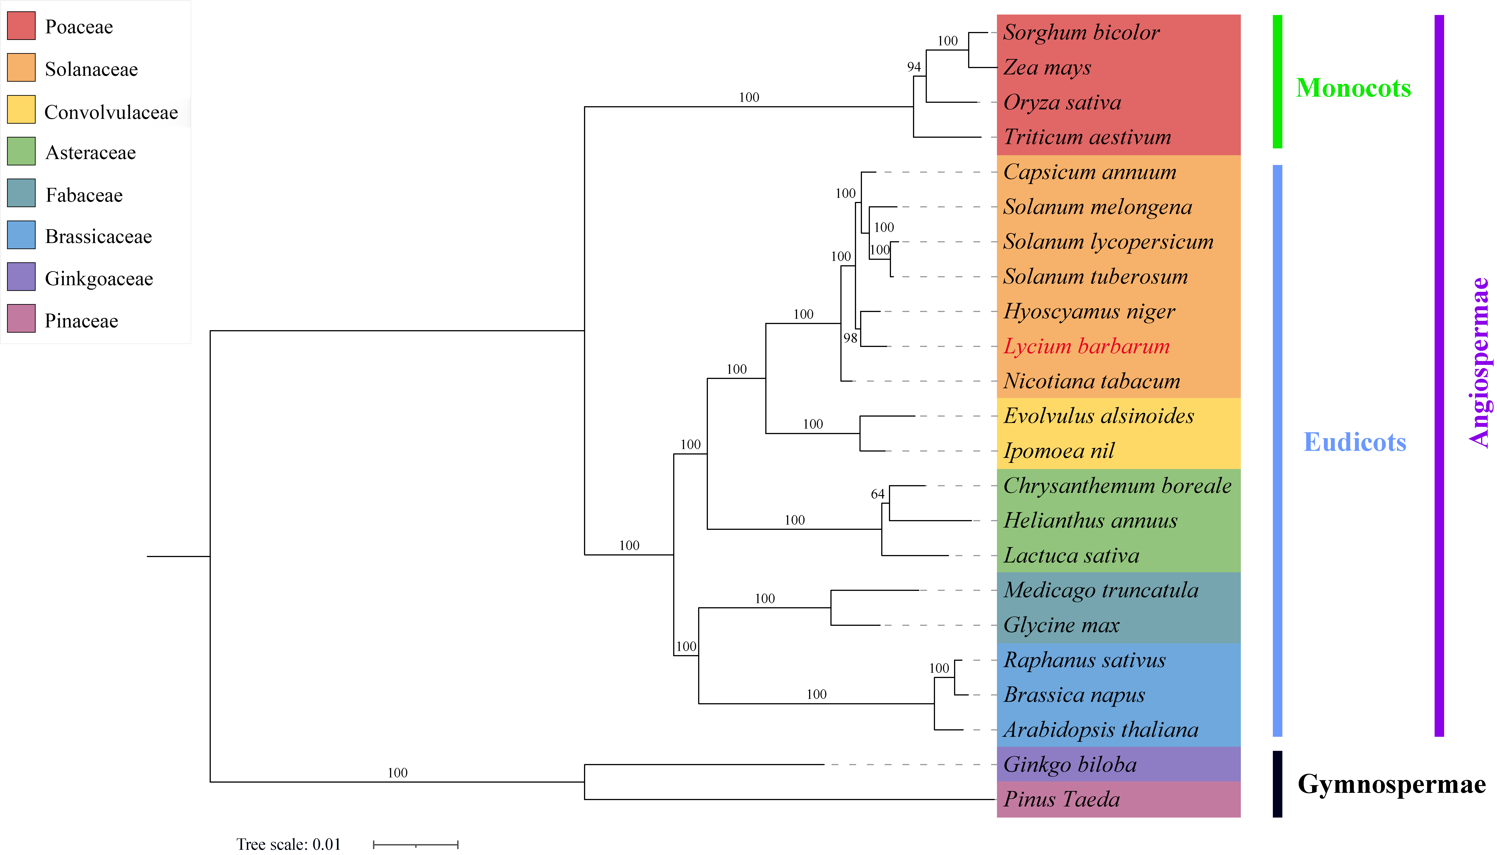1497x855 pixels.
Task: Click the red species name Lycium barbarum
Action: [1086, 346]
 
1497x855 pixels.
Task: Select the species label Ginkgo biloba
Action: [1070, 764]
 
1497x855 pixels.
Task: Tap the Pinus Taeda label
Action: [1061, 799]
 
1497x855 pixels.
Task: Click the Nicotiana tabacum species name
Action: [1091, 381]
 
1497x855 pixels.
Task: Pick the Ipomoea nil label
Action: [1058, 451]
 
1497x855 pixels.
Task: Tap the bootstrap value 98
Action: [850, 338]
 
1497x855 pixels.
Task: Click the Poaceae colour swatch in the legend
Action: [21, 26]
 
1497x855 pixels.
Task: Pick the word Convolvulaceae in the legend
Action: [111, 112]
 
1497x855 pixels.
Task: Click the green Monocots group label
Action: [1353, 88]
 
